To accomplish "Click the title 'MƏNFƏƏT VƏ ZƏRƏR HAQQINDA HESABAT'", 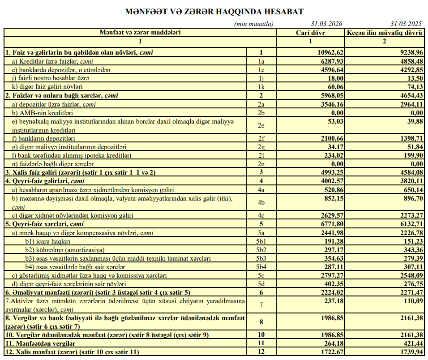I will pos(214,11).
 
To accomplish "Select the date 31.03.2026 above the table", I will pos(327,24).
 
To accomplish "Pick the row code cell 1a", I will pos(262,61).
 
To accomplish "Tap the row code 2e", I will pos(262,126).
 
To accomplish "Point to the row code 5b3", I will pos(262,258).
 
